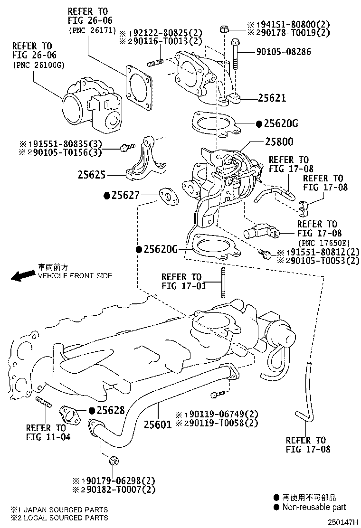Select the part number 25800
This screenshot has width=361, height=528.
279,141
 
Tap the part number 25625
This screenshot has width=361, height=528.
92,175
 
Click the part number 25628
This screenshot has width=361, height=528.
111,410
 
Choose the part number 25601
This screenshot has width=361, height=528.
157,424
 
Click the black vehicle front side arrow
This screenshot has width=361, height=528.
22,276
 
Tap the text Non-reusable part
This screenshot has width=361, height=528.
314,507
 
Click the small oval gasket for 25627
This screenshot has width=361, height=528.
167,196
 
